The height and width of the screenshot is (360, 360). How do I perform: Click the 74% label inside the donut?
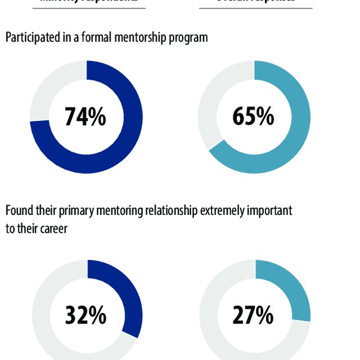[85, 117]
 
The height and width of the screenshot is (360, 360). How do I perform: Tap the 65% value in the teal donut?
[253, 117]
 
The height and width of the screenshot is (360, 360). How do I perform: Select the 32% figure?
[85, 316]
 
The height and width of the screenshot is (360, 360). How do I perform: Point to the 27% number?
[253, 316]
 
